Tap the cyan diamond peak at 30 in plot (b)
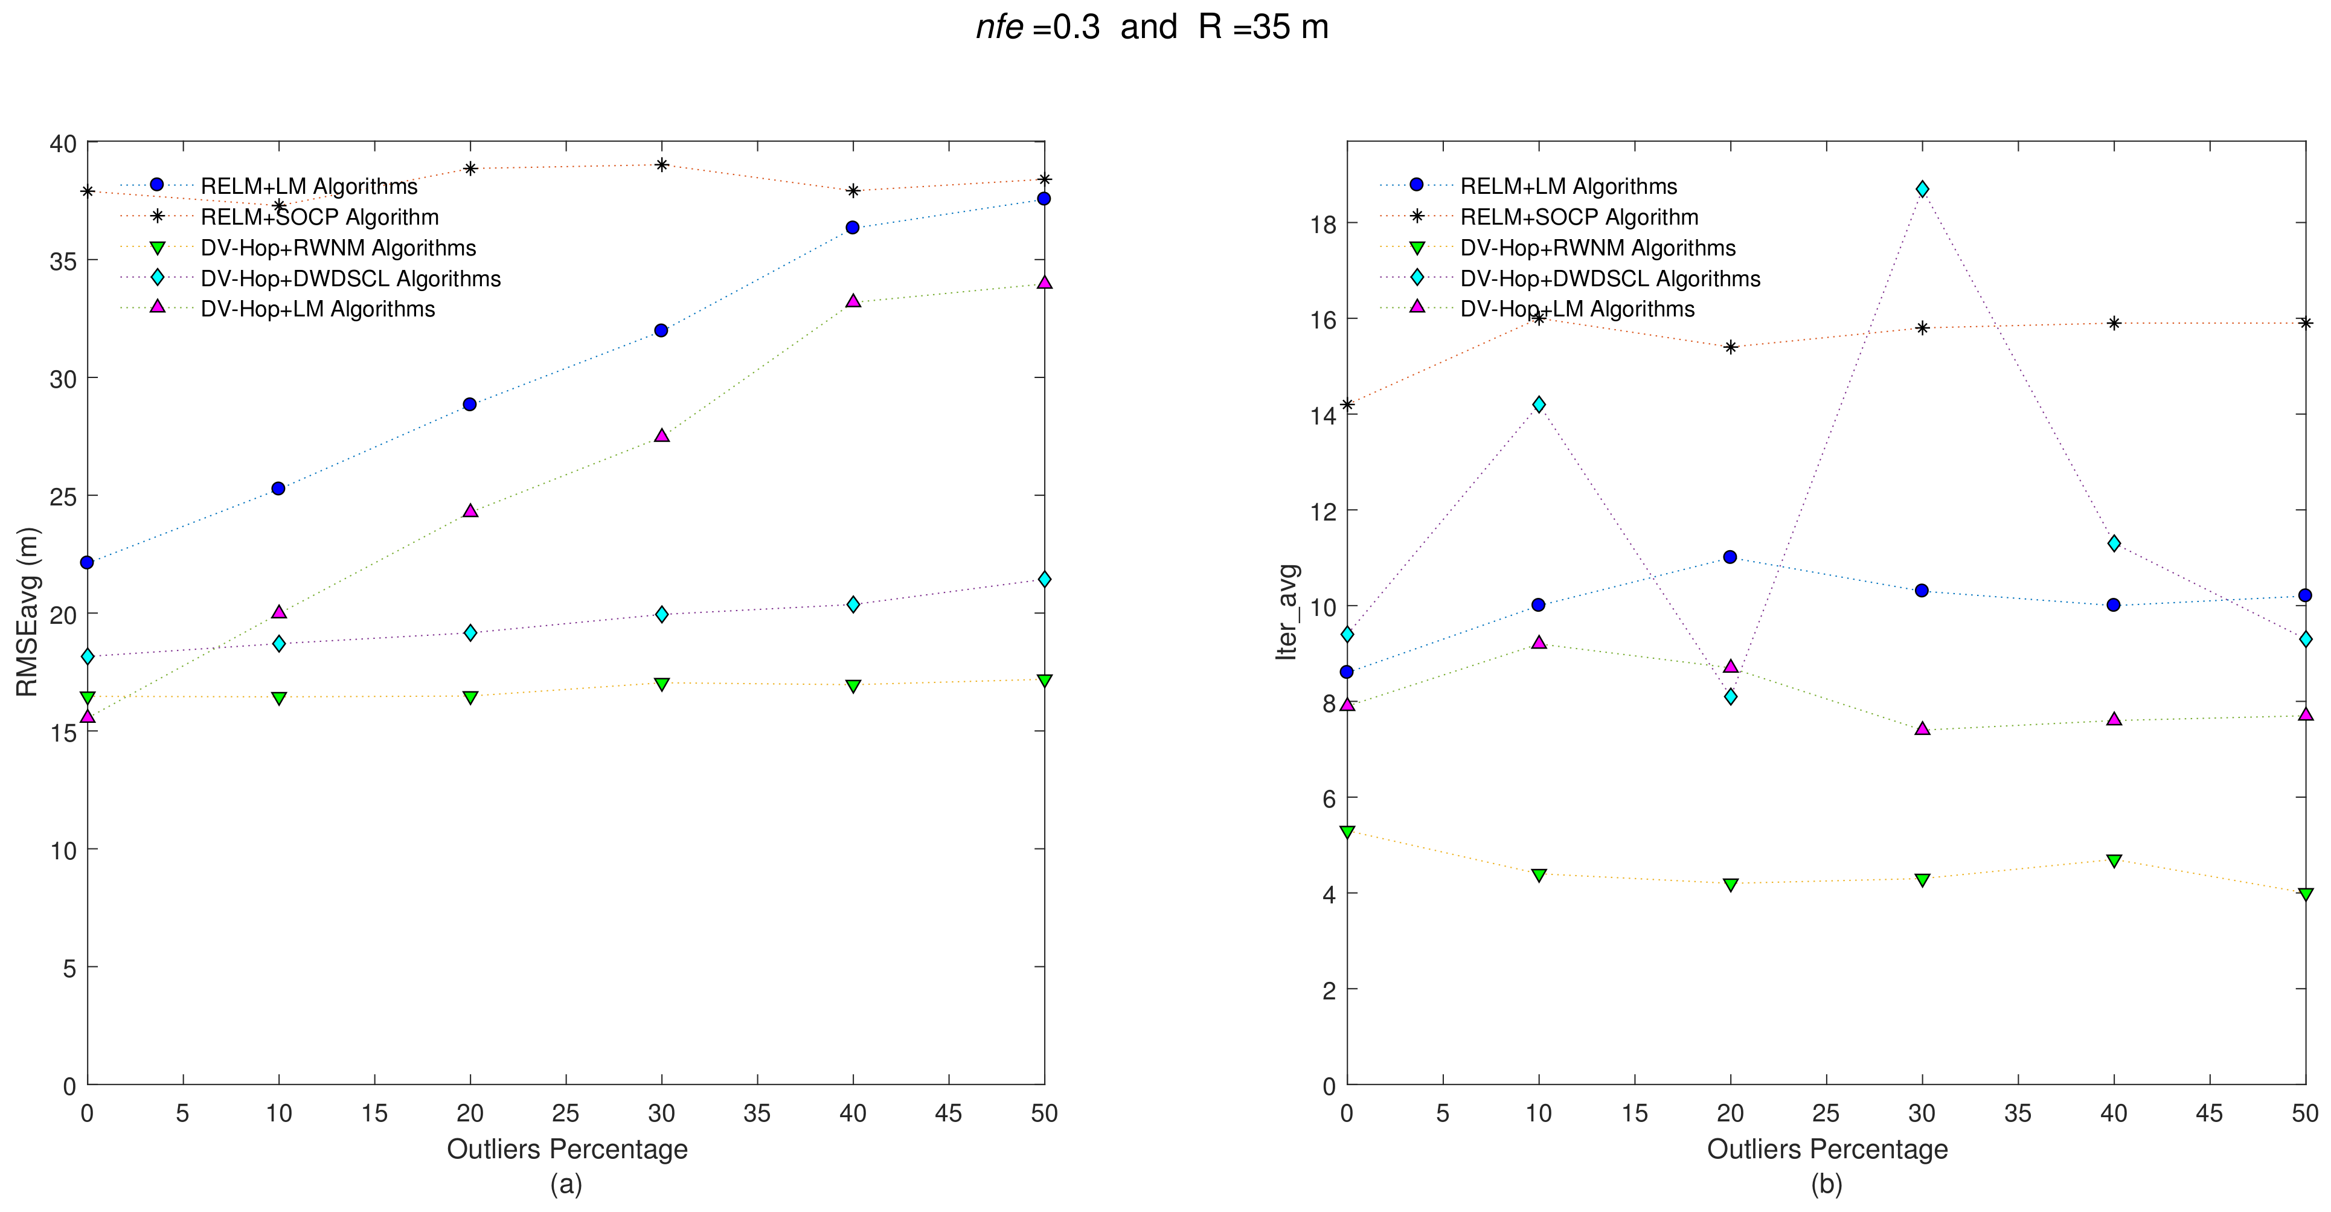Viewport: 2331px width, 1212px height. point(1922,188)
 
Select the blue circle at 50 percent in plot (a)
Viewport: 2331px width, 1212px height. point(1044,198)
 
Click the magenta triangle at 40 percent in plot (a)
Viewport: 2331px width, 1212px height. point(853,301)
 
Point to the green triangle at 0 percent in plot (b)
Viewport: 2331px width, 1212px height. point(1347,831)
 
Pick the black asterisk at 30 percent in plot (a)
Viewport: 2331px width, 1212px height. point(661,165)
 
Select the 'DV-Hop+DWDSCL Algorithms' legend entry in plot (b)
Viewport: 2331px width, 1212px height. point(1610,279)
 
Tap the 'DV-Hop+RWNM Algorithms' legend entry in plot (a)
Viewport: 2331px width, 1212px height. point(338,248)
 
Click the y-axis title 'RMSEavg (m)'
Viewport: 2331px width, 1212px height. point(27,612)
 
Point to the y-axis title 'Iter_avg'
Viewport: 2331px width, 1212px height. point(1287,612)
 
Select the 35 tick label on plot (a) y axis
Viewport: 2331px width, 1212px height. point(62,261)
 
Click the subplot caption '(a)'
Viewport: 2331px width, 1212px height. point(566,1184)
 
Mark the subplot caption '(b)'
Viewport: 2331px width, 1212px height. point(1826,1184)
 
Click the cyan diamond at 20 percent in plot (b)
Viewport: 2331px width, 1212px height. point(1730,696)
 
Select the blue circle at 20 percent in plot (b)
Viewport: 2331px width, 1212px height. point(1730,557)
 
